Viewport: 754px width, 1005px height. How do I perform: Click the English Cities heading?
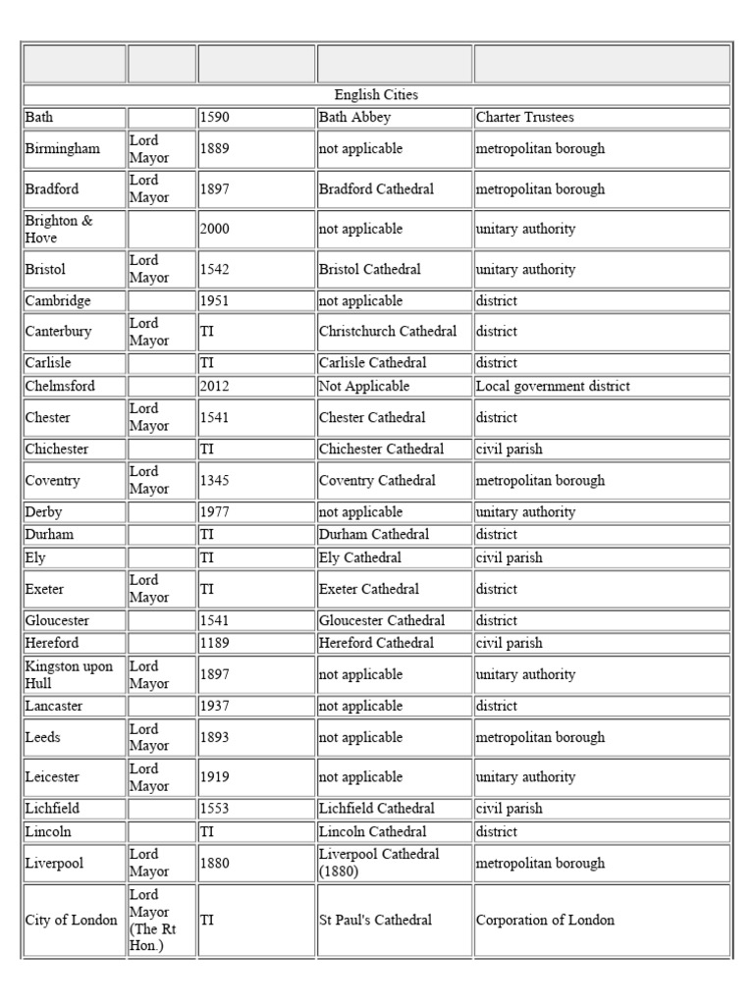[376, 95]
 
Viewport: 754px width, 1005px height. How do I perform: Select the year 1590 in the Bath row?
[214, 118]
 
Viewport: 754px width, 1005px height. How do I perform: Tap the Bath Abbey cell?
[354, 118]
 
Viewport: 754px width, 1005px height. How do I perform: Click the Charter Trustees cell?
[524, 118]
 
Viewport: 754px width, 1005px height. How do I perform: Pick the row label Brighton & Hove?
[59, 229]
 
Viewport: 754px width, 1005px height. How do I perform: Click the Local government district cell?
[553, 387]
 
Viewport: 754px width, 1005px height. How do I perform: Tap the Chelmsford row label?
[60, 387]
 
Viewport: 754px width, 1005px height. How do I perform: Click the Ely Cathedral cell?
[359, 557]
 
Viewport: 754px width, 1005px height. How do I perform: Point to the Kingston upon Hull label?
[68, 674]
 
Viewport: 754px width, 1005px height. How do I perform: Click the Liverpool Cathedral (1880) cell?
[378, 863]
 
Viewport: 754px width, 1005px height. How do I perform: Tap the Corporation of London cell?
[545, 921]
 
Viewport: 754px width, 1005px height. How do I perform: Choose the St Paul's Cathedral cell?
[375, 921]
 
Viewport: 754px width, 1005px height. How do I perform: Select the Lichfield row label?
[53, 809]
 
